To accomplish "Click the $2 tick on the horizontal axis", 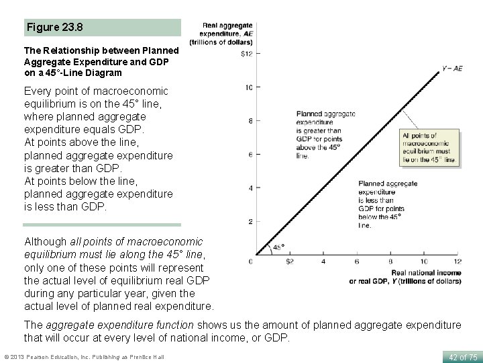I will point(290,261).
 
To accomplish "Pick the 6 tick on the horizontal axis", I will point(356,261).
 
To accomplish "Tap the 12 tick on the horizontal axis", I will point(457,261).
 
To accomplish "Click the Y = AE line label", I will point(451,68).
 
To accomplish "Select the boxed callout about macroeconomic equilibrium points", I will point(429,147).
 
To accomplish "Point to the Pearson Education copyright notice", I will point(84,357).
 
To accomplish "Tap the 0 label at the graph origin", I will point(251,261).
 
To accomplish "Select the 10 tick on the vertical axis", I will point(248,87).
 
